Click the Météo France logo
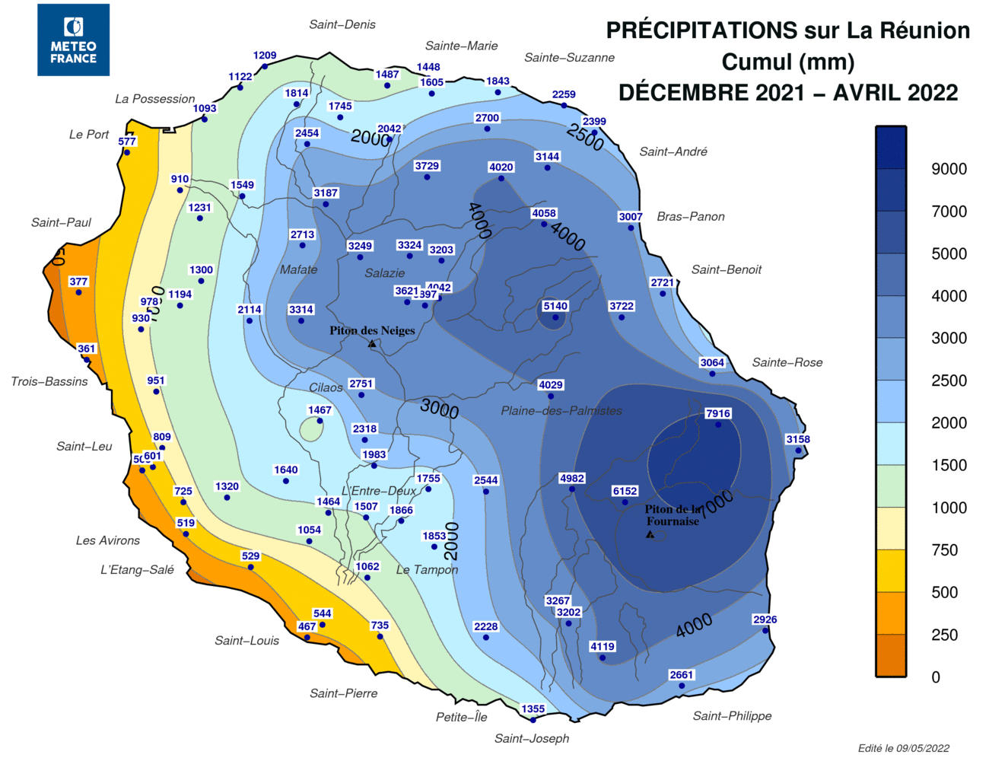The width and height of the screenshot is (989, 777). coord(73,40)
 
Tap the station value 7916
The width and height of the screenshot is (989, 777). coord(717,414)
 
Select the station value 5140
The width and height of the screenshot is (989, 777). coord(555,307)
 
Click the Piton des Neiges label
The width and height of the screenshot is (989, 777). coord(372,331)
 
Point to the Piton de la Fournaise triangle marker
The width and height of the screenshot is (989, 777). coord(650,535)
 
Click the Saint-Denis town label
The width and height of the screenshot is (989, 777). coord(342,24)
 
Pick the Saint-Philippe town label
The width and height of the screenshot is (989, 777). coord(732,716)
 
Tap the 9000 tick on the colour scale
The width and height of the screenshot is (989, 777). coord(949,170)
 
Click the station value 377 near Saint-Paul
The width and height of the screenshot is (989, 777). coord(78,282)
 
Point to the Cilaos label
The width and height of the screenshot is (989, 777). coord(326,388)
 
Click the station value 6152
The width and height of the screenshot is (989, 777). coord(625,492)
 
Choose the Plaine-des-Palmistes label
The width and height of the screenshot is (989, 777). coord(561,411)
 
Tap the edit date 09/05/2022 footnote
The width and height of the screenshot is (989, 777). coord(903,748)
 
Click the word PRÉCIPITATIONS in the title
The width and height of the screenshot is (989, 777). coord(701,30)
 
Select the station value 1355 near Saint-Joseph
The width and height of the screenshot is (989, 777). coord(533,709)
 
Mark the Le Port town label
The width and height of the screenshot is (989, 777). coord(89,135)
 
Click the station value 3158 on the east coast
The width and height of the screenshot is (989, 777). coord(798,440)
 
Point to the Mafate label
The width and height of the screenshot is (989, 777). coord(298,269)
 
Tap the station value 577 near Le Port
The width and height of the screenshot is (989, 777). coord(127,142)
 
